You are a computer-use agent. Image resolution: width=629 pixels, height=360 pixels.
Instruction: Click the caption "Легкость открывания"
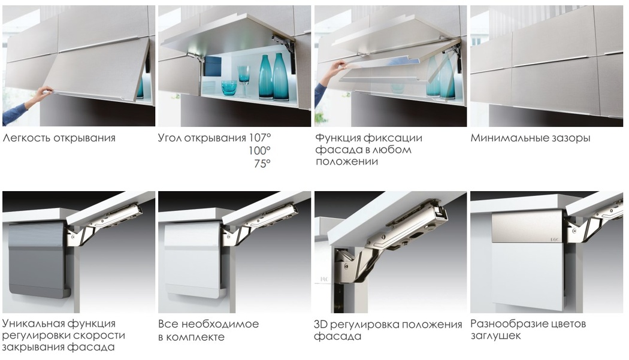click(59, 138)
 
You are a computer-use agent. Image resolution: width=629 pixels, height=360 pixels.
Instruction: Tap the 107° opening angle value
click(259, 138)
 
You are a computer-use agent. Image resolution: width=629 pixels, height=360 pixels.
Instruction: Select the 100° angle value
click(259, 150)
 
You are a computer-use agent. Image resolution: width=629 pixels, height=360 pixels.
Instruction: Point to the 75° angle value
click(262, 164)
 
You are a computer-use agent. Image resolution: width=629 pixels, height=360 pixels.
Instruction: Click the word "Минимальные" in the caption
click(506, 138)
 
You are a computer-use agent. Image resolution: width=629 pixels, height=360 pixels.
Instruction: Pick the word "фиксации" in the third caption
click(397, 138)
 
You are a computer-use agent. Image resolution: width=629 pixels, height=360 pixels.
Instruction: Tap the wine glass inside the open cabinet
click(243, 81)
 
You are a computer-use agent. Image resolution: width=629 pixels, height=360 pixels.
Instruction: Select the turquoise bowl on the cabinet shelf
click(229, 88)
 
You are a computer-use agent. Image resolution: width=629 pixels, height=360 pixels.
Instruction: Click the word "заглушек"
click(495, 335)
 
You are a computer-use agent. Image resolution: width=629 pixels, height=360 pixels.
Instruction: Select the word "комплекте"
click(195, 337)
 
